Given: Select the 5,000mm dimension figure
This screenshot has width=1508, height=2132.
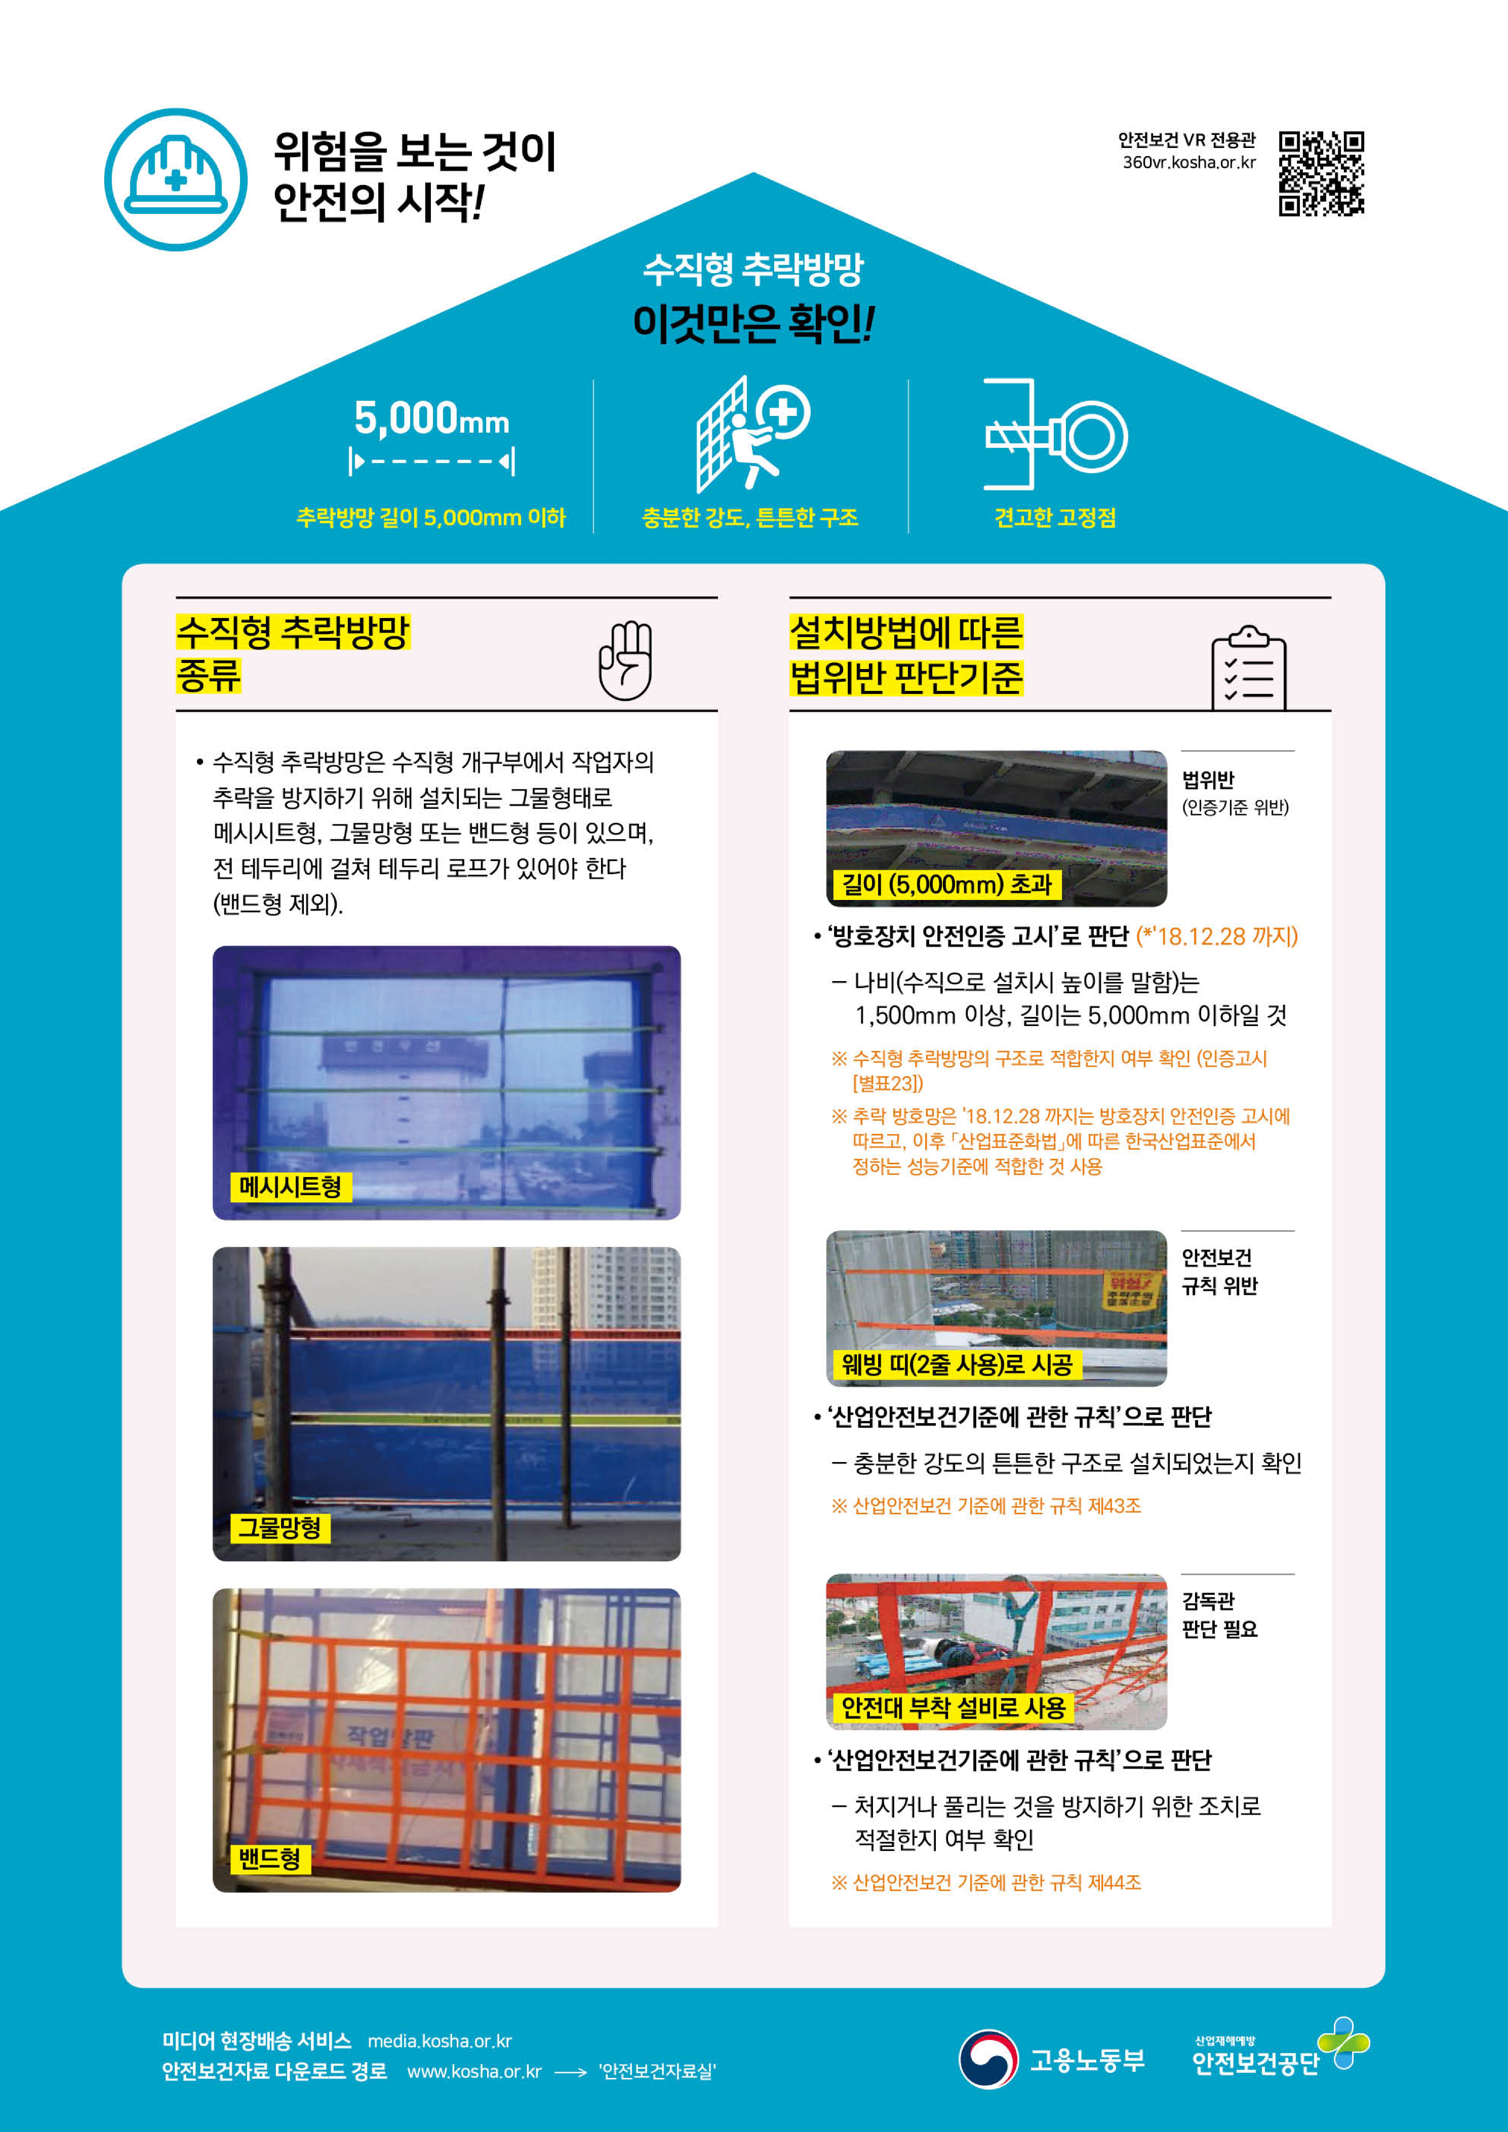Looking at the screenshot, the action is tap(432, 434).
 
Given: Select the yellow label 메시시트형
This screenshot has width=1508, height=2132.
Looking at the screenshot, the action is tap(291, 1186).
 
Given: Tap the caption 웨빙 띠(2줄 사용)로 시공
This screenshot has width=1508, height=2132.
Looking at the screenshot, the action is tap(957, 1364).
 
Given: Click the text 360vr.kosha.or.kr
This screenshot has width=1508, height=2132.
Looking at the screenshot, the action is tap(1189, 163).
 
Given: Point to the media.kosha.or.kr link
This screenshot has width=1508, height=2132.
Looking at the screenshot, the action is tap(439, 2041).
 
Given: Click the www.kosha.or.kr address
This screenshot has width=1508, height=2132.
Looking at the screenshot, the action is tap(474, 2072).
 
